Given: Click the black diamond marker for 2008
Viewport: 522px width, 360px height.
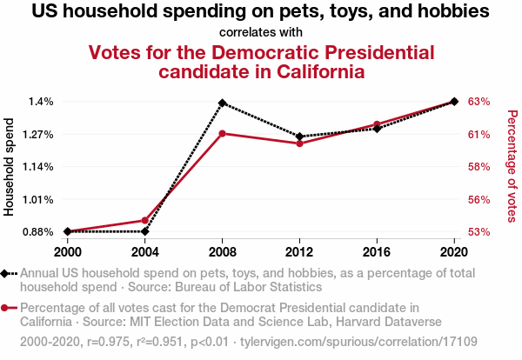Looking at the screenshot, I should [x=223, y=103].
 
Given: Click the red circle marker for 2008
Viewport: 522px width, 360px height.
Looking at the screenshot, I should [x=223, y=133].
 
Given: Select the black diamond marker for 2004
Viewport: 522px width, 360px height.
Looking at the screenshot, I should [x=145, y=231].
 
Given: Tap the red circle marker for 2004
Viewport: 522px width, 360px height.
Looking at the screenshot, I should [x=145, y=220].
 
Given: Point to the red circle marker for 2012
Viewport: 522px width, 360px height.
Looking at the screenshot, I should [x=299, y=143].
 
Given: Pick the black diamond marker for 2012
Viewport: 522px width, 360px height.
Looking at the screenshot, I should [x=299, y=137].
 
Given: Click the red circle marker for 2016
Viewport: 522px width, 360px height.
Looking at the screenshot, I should [x=377, y=124].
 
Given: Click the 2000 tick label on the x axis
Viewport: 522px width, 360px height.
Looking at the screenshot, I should [x=68, y=250].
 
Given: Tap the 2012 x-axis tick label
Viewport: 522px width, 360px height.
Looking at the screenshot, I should [x=299, y=250].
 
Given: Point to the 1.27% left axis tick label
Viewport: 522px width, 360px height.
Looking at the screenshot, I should [x=37, y=134].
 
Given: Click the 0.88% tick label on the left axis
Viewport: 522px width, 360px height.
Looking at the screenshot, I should [x=37, y=232].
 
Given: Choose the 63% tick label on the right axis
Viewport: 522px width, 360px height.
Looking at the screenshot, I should [x=479, y=102].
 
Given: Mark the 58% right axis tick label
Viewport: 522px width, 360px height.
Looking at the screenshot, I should [x=479, y=167].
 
